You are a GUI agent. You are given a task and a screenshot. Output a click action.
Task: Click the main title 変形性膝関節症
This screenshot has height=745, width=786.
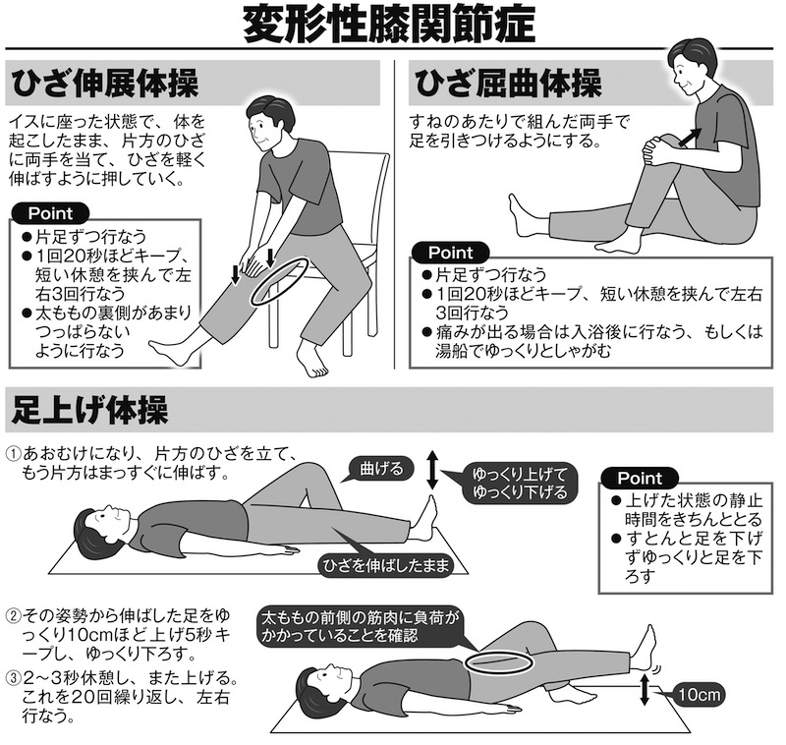point(389,26)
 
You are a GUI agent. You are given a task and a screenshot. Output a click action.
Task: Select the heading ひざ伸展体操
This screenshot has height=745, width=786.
point(105,84)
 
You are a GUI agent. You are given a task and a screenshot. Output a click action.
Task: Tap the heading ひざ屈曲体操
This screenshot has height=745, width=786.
point(508,84)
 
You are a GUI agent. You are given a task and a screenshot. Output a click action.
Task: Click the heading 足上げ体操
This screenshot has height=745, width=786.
point(89,409)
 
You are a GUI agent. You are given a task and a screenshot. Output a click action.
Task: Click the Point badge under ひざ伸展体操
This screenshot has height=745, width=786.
point(50,213)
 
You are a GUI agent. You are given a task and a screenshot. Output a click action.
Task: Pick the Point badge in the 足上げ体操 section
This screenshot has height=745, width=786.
point(640,478)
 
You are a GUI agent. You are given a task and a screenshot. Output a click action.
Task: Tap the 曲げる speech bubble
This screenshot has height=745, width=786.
point(381,469)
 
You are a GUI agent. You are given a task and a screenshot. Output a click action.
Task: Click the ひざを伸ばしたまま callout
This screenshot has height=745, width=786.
point(385,566)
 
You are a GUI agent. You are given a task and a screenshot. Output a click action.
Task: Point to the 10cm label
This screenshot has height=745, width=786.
point(699,694)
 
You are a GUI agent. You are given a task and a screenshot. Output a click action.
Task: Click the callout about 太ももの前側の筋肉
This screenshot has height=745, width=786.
point(360,627)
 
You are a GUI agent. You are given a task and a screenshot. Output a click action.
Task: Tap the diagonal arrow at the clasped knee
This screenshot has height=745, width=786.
point(689,137)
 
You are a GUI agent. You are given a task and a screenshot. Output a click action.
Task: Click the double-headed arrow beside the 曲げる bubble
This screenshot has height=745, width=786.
point(432,470)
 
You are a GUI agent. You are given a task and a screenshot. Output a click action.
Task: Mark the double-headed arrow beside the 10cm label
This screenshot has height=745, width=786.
point(645,690)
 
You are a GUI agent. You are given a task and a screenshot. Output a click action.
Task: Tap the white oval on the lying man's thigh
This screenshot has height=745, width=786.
point(498,662)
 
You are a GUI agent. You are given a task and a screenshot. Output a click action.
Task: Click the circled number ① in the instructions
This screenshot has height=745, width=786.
point(13,454)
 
